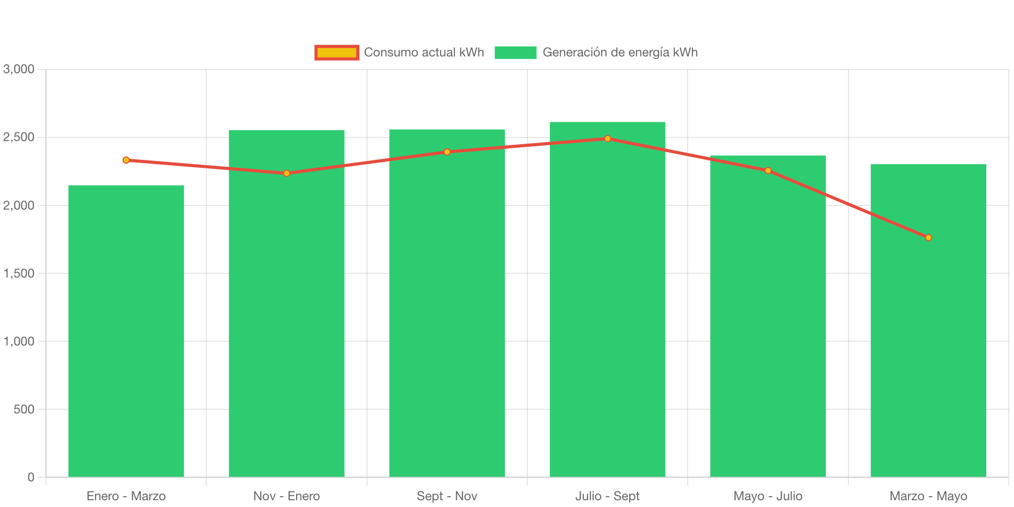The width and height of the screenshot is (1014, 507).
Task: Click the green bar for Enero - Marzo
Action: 126,331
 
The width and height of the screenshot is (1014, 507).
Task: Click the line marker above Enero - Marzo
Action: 126,160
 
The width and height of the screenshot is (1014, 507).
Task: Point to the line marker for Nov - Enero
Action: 286,173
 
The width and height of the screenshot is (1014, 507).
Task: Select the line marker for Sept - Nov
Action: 447,152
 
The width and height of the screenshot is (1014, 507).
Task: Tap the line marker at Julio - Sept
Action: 607,139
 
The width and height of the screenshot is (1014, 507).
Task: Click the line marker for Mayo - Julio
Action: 768,170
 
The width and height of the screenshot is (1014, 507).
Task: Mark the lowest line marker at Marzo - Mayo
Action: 928,238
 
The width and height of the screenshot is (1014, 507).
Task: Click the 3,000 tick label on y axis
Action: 19,69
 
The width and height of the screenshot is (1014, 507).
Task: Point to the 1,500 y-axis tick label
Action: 19,273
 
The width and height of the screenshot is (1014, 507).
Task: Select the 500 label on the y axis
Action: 24,409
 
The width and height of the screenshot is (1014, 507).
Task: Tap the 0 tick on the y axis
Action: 31,477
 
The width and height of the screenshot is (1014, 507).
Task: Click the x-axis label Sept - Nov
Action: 447,496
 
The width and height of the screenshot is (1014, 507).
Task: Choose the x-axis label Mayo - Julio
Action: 768,496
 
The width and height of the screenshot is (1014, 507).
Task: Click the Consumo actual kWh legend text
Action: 424,52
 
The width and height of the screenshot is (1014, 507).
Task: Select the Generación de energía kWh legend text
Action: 620,52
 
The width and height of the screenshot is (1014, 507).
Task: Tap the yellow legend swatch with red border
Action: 337,52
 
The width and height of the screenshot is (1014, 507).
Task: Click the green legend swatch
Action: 515,52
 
